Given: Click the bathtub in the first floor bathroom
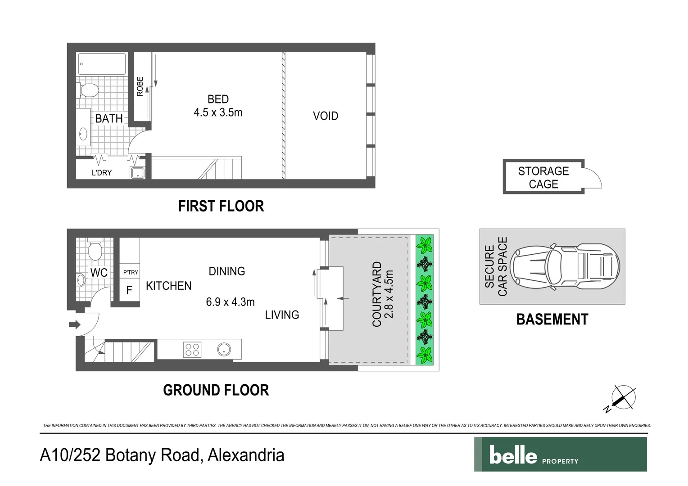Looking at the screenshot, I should (102, 64).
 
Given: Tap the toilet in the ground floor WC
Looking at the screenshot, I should (95, 250).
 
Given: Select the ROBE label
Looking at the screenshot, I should (140, 86).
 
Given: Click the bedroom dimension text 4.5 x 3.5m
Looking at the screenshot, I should (218, 112).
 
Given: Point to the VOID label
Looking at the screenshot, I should (325, 116).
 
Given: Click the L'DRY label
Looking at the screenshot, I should (102, 173).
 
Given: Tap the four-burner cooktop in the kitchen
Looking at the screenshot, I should (192, 350).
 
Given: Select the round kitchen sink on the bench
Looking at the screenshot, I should (224, 349).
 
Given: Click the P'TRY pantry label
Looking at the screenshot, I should (131, 272).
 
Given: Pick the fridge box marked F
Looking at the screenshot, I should (129, 290).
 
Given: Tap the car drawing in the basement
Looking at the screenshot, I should (566, 267).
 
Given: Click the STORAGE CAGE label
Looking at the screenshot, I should (543, 177).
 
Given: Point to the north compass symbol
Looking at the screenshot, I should (623, 398).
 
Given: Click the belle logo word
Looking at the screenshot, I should (513, 455).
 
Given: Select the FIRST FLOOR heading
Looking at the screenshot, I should (221, 206).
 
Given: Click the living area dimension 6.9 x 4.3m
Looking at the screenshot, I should (230, 302).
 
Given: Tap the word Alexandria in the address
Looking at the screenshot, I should (246, 455).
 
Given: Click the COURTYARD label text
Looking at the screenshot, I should (377, 294).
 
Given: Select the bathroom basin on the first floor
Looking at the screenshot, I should (83, 134).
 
